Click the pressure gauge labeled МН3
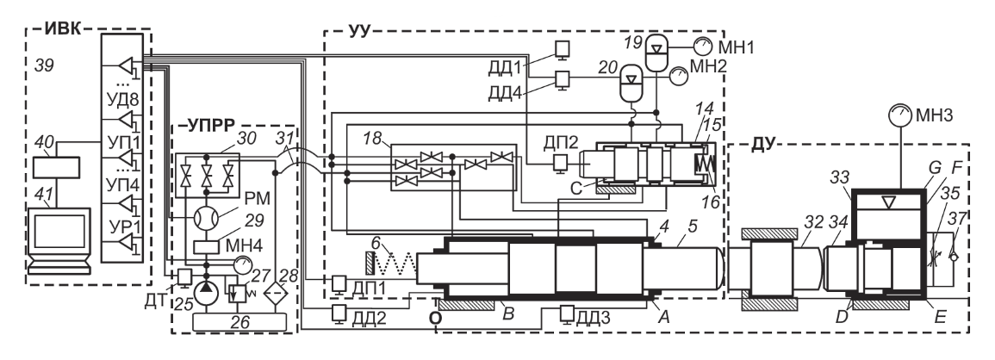coord(899,115)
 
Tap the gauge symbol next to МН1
coord(702,46)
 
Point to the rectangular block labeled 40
coord(57,167)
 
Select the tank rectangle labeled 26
coord(244,321)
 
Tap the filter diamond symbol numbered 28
coord(273,291)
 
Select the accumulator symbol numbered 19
coord(655,48)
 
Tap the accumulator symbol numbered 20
coord(630,82)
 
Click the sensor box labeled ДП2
coord(561,163)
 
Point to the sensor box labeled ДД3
coord(568,313)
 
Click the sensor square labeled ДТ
coord(184,276)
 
